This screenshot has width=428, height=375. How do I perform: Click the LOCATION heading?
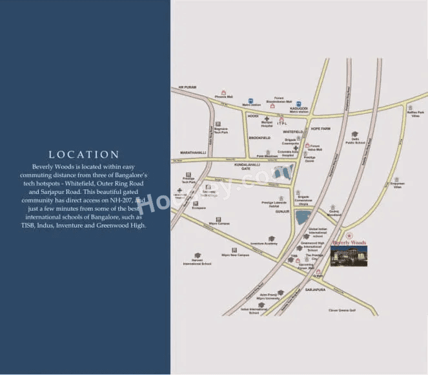(85, 155)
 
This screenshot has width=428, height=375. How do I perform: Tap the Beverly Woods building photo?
(349, 255)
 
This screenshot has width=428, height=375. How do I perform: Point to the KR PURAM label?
(187, 87)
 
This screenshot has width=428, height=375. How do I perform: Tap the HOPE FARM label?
(320, 128)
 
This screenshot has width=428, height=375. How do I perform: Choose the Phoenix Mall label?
(224, 98)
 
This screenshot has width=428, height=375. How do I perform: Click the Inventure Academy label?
(264, 243)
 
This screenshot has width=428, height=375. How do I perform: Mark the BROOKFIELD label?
(260, 138)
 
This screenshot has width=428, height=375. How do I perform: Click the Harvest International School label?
(197, 262)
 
